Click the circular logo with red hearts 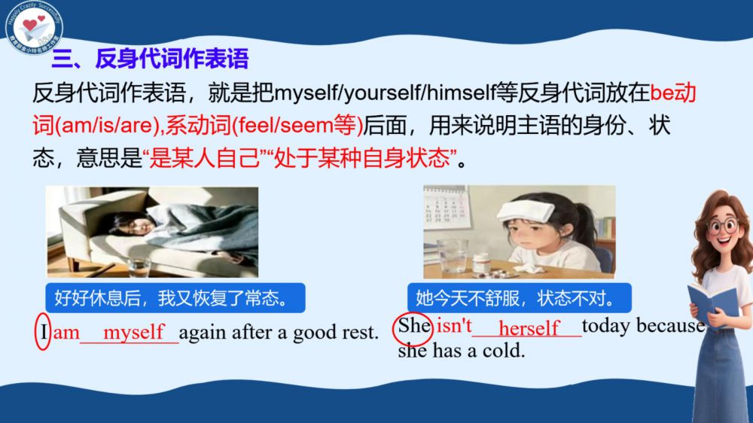(x=34, y=26)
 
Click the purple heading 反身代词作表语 (x=150, y=59)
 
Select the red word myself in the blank (x=134, y=332)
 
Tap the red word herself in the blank (x=529, y=328)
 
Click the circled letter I (x=43, y=332)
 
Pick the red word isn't (x=454, y=326)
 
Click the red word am (x=66, y=332)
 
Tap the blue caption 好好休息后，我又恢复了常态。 (x=175, y=298)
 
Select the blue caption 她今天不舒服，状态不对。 (x=519, y=298)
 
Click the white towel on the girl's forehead (x=526, y=210)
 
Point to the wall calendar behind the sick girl (x=445, y=208)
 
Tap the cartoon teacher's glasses (x=723, y=226)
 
